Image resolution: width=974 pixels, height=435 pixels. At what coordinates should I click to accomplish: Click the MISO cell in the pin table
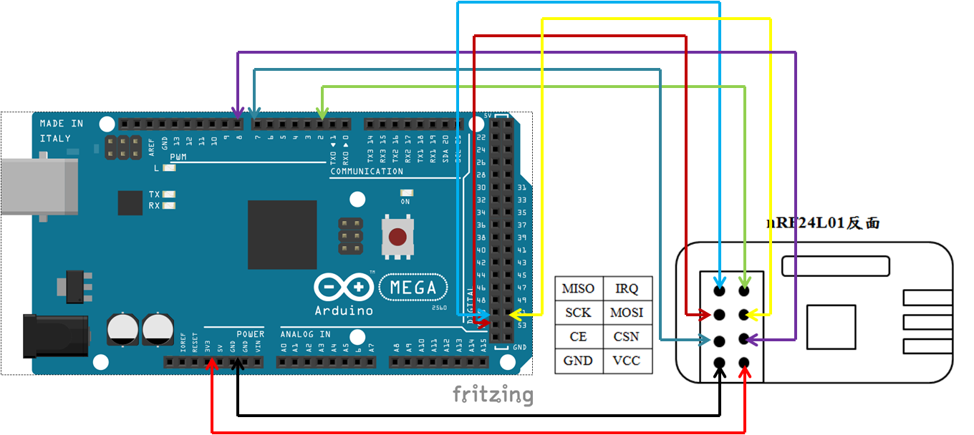click(578, 288)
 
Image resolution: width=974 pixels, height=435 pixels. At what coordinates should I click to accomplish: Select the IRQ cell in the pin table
click(627, 288)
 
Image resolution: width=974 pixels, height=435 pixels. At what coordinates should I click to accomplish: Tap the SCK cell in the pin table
click(578, 313)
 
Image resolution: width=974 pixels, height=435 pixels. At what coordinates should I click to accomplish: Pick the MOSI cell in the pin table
click(627, 313)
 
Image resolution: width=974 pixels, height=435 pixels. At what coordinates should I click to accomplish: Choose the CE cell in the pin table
click(578, 336)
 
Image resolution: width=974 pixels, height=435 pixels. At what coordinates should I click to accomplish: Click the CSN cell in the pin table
click(627, 336)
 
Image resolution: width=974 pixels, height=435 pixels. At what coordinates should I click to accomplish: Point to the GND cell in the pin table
click(578, 361)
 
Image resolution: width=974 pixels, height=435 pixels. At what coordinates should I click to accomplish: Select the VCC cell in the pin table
click(627, 361)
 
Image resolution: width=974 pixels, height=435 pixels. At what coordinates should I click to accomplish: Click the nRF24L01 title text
click(823, 223)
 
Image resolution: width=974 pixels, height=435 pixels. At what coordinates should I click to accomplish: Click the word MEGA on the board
click(413, 288)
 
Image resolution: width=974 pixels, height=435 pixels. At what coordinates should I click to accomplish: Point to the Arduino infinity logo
click(344, 288)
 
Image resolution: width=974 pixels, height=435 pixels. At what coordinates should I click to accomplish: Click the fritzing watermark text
click(492, 394)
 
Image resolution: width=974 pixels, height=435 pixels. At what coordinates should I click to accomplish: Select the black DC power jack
click(56, 335)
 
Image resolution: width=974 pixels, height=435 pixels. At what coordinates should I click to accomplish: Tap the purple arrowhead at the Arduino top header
click(237, 114)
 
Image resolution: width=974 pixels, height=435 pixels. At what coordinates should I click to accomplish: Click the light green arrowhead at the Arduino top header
click(322, 114)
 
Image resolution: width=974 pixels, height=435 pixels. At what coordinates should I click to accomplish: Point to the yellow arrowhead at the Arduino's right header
click(515, 314)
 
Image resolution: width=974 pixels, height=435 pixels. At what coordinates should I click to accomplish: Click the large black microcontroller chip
click(282, 235)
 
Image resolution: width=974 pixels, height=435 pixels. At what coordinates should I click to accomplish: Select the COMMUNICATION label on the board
click(367, 172)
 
